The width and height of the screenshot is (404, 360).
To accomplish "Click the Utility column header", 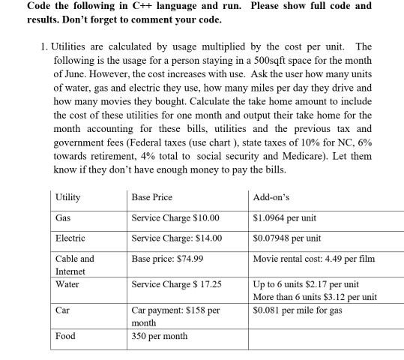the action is (68, 197).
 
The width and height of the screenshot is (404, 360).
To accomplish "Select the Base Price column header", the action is (151, 197).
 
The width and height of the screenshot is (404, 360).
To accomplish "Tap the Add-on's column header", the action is (272, 197).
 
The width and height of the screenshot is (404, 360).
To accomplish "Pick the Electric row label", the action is (70, 238).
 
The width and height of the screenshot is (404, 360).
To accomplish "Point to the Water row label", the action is (67, 285).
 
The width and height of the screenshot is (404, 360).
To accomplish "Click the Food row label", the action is (65, 336).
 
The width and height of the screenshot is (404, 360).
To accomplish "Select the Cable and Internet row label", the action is (75, 264).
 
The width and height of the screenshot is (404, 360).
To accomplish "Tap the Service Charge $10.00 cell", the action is (175, 218).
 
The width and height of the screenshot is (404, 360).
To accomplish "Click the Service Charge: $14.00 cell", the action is (177, 238).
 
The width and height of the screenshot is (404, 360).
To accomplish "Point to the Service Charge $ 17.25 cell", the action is (177, 285).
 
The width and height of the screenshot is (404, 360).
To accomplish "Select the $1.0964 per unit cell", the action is (285, 218).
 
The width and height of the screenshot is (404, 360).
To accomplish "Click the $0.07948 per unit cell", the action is (288, 238).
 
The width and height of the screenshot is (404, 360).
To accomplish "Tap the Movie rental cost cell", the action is (314, 259).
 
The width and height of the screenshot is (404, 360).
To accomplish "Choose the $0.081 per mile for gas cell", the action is (298, 309).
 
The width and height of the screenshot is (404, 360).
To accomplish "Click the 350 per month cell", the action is (159, 336).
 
